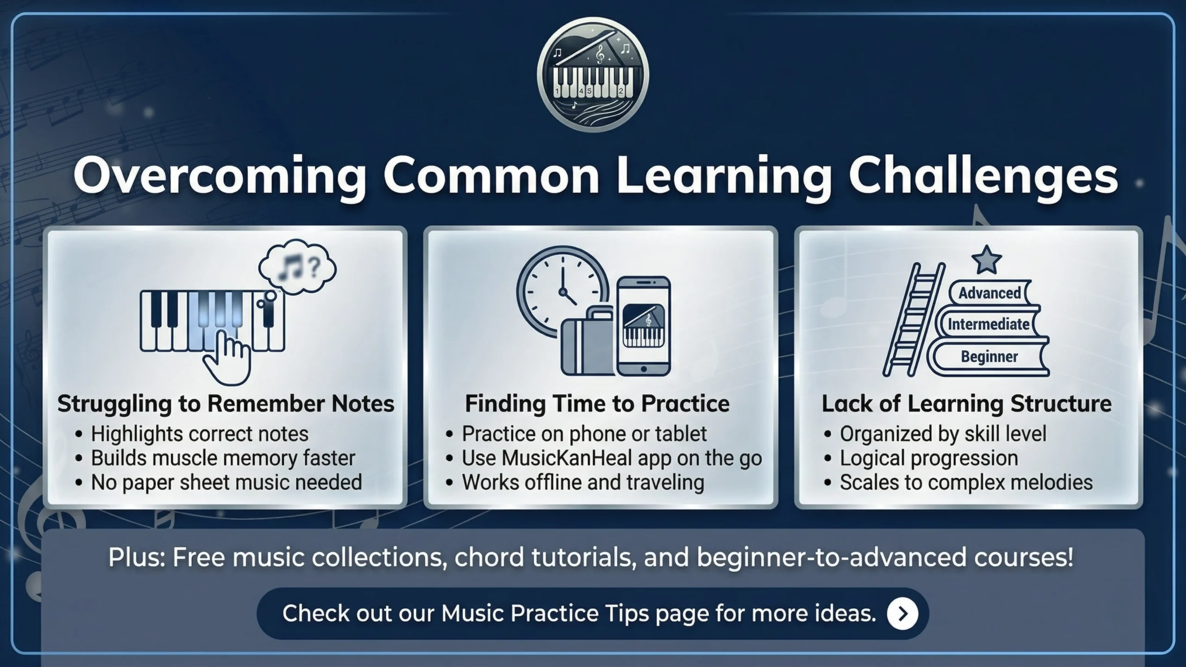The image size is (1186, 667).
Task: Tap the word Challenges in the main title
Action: [983, 176]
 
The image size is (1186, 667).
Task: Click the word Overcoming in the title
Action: [220, 176]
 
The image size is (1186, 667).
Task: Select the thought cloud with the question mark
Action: [297, 266]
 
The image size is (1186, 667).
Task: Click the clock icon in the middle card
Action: [561, 292]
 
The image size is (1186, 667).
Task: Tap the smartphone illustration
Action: [644, 327]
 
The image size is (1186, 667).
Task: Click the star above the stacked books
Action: [986, 260]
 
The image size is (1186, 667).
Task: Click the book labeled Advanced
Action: [990, 293]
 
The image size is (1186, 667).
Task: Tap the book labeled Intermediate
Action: [989, 324]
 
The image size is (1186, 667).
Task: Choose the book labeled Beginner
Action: [990, 357]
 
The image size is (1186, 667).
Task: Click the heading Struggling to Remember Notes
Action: [226, 403]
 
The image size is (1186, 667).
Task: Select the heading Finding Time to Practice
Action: [597, 403]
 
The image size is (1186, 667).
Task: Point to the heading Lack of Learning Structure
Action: [966, 403]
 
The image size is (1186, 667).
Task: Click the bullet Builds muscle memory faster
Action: [223, 458]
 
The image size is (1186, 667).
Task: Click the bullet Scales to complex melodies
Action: [966, 482]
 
